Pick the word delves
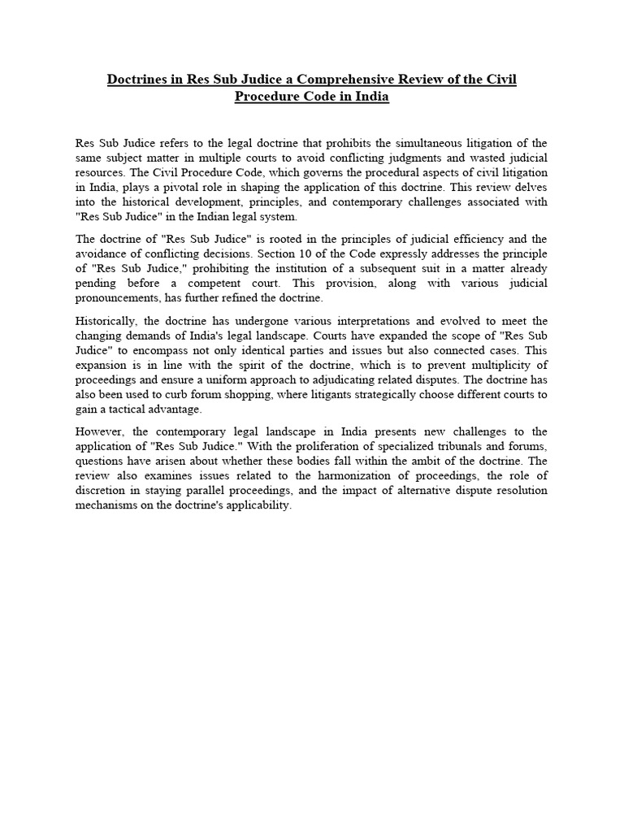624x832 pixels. (x=530, y=188)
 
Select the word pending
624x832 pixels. (x=98, y=283)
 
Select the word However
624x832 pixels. (x=101, y=431)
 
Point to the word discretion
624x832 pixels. (x=103, y=490)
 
